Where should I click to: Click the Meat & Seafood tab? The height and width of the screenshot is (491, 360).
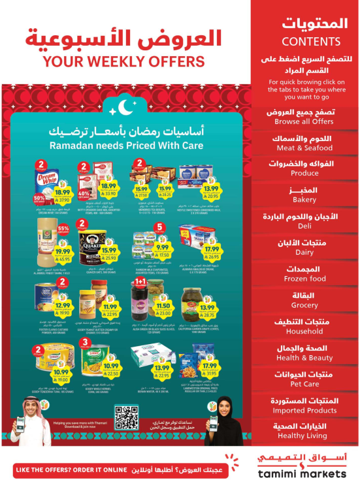[304, 142]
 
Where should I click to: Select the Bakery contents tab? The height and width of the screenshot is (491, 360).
[304, 195]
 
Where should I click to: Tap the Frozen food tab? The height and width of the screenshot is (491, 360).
[304, 274]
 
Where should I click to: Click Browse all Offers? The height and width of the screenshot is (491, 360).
[304, 117]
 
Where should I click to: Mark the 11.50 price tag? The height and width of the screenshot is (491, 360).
[164, 306]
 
